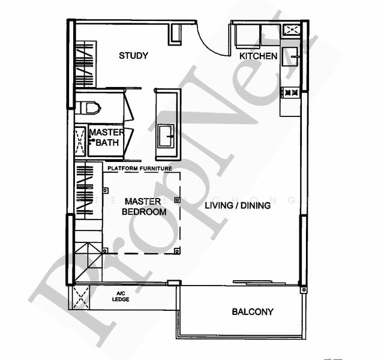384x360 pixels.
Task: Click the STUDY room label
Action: click(133, 56)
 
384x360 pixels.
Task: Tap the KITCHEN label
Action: click(258, 56)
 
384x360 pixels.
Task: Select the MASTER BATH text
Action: click(107, 137)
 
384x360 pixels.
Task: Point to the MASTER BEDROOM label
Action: click(144, 206)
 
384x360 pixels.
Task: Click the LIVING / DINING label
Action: click(238, 206)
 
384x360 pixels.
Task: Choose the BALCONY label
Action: click(252, 312)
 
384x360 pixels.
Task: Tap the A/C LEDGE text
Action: click(121, 296)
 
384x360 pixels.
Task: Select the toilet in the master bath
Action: click(90, 108)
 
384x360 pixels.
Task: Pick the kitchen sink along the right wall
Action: click(293, 57)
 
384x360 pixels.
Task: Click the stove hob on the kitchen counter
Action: click(291, 92)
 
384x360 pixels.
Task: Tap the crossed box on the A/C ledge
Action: click(81, 297)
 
